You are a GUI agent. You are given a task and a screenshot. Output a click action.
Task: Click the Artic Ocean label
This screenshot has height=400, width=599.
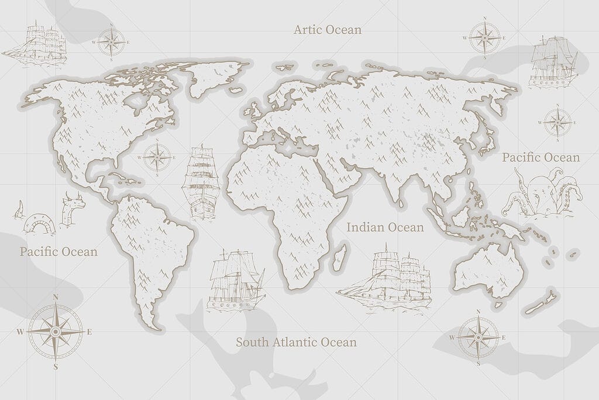point(328,29)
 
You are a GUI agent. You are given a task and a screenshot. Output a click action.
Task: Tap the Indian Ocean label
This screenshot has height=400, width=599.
point(385,227)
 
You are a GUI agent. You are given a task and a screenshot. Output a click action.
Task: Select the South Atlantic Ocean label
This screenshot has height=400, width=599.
point(296,342)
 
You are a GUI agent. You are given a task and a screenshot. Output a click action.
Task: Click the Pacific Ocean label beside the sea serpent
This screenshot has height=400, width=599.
point(58,252)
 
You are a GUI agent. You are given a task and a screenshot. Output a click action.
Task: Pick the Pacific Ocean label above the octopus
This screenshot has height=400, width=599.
point(541,157)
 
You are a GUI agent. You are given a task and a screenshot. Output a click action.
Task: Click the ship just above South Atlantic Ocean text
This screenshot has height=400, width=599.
point(235,281)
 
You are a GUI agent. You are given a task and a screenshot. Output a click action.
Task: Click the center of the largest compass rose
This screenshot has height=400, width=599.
point(56,332)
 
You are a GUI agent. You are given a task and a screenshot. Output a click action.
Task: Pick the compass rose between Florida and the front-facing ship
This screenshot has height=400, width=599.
point(157,157)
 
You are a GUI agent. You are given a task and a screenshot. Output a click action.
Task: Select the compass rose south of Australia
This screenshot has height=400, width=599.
point(478,337)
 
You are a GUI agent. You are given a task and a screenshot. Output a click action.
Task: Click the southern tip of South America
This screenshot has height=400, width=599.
point(154,325)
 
